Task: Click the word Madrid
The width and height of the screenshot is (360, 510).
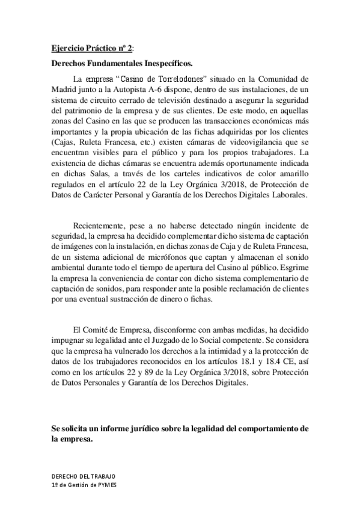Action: [65, 89]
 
